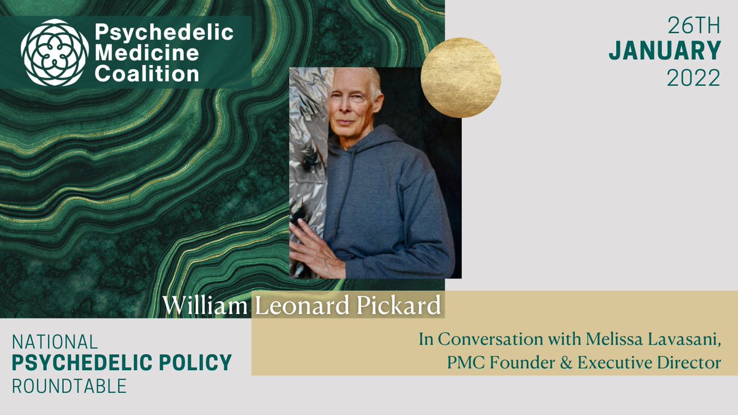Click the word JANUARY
click(x=664, y=52)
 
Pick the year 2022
click(x=694, y=77)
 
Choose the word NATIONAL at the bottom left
click(x=55, y=342)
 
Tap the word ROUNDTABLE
click(x=69, y=385)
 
